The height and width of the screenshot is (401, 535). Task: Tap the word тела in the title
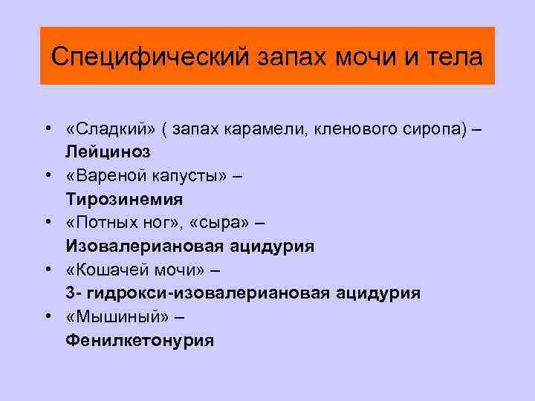[456, 56]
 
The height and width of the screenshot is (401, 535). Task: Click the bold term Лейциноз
[107, 152]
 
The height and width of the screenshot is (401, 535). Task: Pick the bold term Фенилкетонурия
[139, 341]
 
